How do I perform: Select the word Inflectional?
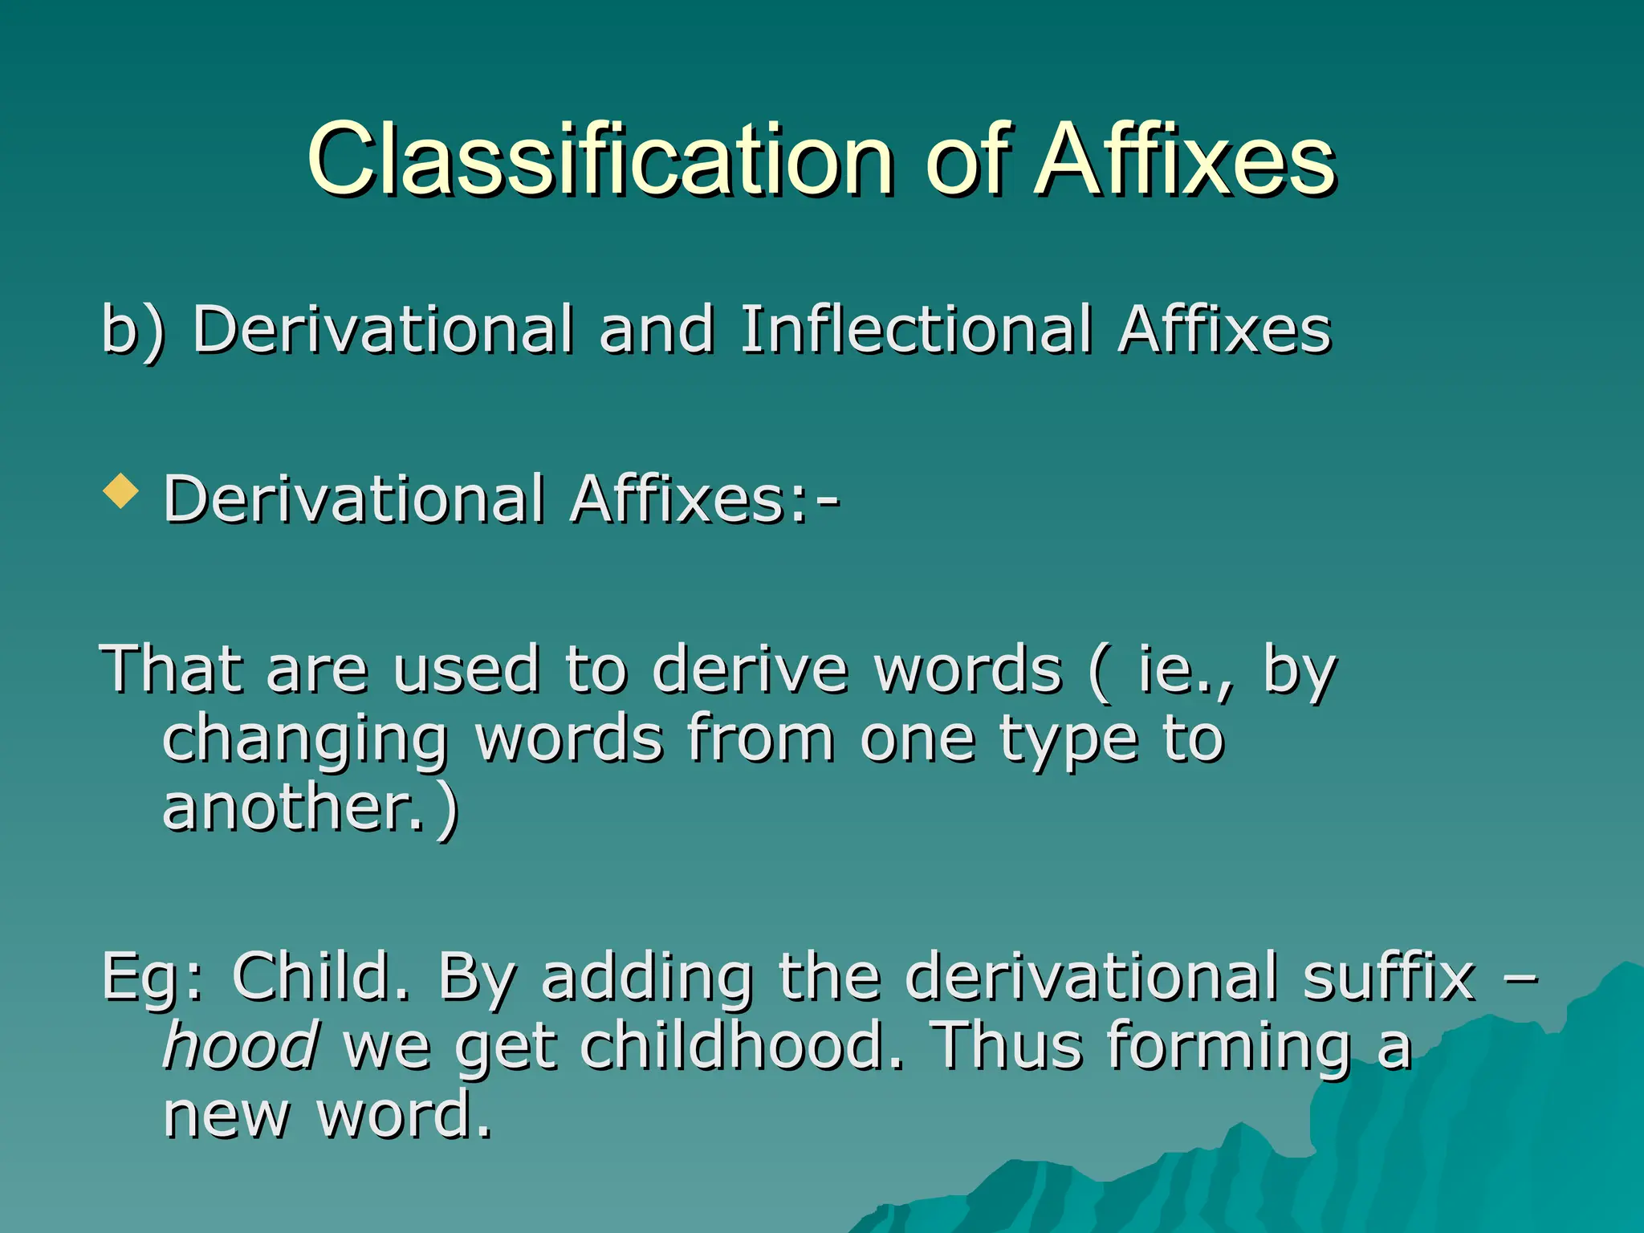coord(916,329)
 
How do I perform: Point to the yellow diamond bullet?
coord(121,490)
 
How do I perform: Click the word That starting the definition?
coord(169,669)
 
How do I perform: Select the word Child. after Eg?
coord(320,976)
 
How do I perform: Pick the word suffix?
coord(1389,976)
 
